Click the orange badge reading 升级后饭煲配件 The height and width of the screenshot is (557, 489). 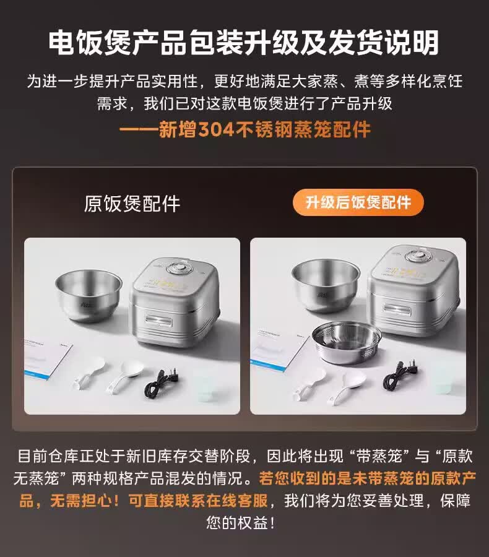358,202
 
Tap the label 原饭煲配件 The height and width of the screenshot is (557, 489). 132,204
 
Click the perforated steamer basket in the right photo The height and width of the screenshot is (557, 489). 347,342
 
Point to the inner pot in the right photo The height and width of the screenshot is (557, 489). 326,285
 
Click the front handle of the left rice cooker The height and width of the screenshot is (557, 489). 158,321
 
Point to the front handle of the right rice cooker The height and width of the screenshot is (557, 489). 397,309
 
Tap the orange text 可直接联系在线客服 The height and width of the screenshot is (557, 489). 197,501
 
